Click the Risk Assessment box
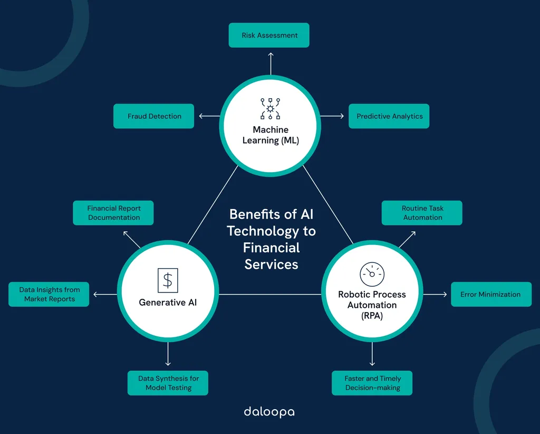(269, 35)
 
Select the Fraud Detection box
(153, 116)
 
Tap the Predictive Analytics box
(389, 116)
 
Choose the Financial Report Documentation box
(113, 213)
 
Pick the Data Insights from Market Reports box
(49, 295)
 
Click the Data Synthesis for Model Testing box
(168, 383)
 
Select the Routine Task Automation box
(422, 213)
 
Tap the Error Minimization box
(491, 295)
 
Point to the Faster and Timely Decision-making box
(372, 383)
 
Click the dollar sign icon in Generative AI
(168, 280)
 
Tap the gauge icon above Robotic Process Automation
(372, 274)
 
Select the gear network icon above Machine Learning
(271, 109)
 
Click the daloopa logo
(269, 412)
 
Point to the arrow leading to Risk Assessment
(271, 64)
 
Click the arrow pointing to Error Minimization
(435, 295)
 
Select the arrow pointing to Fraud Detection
(209, 116)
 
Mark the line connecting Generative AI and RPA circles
(270, 295)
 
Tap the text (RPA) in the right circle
(372, 316)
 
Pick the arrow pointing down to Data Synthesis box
(168, 354)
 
